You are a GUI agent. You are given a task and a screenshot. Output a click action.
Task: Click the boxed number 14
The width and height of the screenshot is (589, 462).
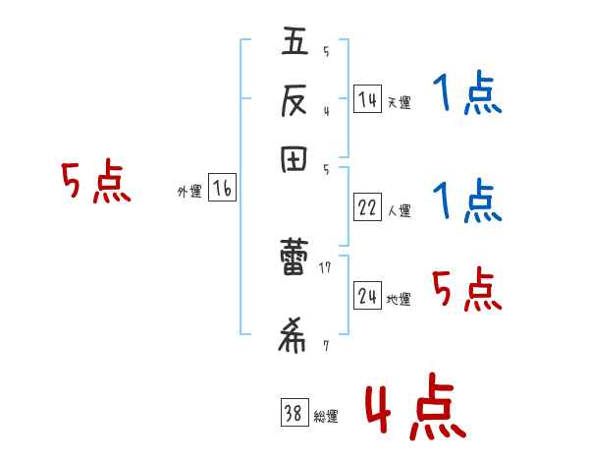[x=367, y=99]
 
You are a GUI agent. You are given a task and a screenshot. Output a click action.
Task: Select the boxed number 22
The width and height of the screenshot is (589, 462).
[x=367, y=207]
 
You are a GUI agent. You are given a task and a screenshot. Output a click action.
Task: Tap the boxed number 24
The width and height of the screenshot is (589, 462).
[x=367, y=296]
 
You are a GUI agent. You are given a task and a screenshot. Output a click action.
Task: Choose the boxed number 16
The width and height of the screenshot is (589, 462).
[x=222, y=189]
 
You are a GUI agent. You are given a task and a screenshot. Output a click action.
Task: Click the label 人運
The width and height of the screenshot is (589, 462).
[x=399, y=210]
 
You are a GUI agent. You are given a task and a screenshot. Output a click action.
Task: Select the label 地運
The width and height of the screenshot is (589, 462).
[x=399, y=299]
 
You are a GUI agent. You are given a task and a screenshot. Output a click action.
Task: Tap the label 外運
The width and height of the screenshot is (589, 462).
[x=189, y=192]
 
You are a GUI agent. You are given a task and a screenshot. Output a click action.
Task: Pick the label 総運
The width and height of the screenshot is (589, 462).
[x=326, y=417]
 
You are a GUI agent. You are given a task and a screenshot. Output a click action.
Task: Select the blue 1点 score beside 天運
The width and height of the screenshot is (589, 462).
[x=466, y=95]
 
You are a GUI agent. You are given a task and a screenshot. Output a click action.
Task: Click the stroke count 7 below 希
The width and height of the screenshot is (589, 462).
[x=325, y=345]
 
